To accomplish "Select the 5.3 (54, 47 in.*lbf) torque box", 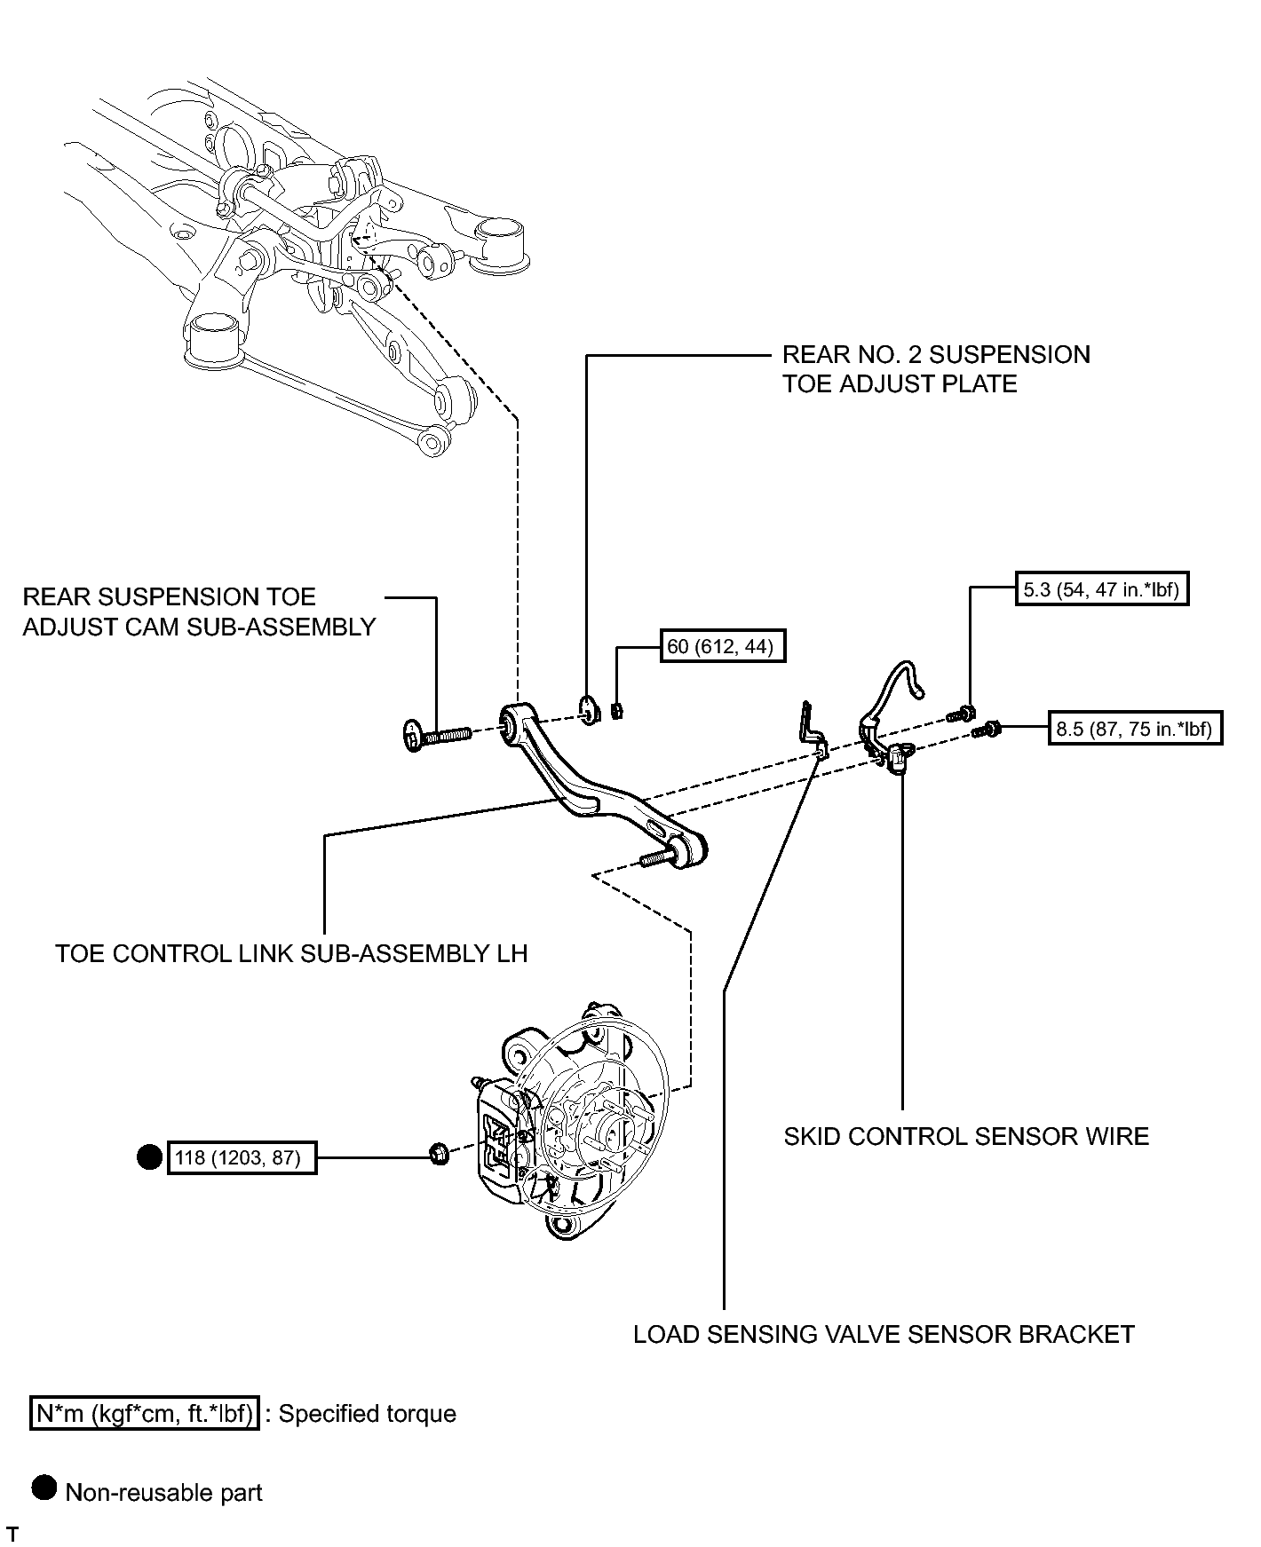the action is click(1102, 589).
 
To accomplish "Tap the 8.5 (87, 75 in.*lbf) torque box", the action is click(1136, 729).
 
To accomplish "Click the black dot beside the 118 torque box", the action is click(149, 1157).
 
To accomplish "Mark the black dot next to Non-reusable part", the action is click(44, 1488).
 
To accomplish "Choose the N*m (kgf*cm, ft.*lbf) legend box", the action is click(145, 1413).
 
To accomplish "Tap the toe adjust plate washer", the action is click(587, 709).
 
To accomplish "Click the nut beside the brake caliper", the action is click(438, 1155).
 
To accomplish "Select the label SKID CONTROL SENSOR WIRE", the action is click(966, 1136).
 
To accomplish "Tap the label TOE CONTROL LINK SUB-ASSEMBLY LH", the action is click(291, 953).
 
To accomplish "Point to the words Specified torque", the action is click(368, 1413).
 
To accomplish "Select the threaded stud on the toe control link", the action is click(658, 858).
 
